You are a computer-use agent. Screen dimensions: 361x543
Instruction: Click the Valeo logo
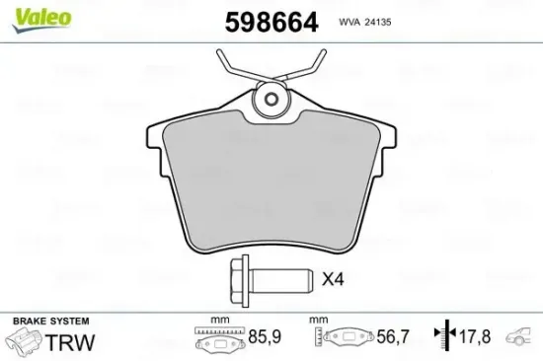pyautogui.click(x=36, y=13)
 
